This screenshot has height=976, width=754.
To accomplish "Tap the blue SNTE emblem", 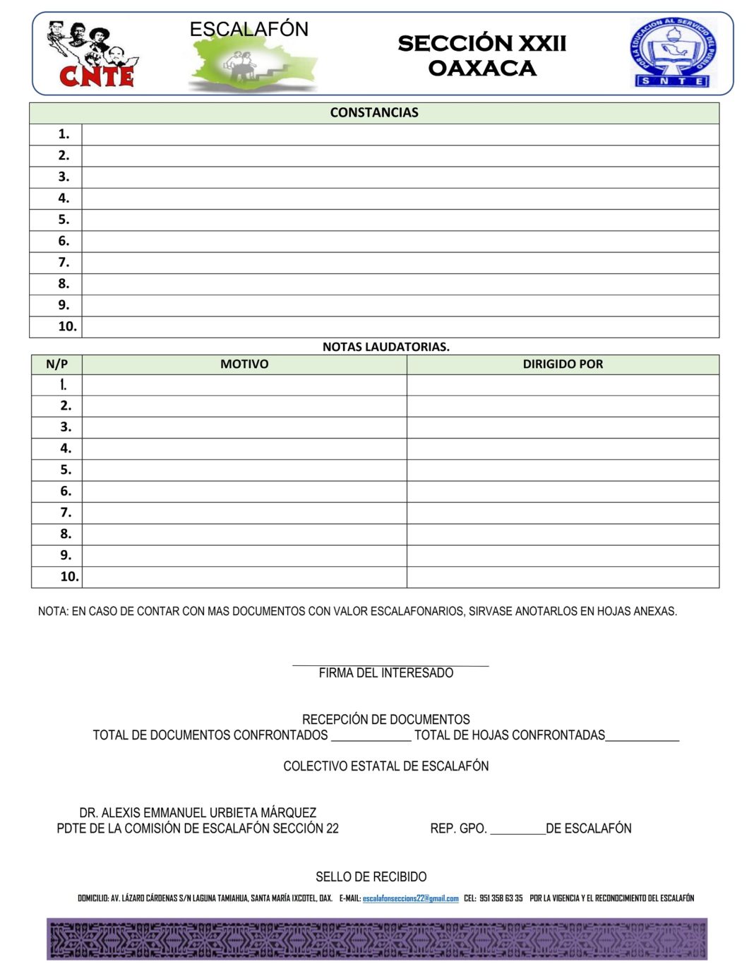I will pyautogui.click(x=673, y=53).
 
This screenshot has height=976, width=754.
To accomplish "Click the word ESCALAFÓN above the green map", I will pyautogui.click(x=249, y=30).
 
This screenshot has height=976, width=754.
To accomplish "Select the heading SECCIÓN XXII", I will pyautogui.click(x=481, y=44).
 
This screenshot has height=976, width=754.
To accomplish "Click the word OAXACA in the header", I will pyautogui.click(x=481, y=69).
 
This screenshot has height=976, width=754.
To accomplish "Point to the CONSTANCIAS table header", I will pyautogui.click(x=374, y=113).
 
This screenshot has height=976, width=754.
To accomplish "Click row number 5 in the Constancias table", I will pyautogui.click(x=64, y=220).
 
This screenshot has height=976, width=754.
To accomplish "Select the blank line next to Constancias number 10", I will pyautogui.click(x=400, y=327).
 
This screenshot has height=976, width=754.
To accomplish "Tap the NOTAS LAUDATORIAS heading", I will pyautogui.click(x=385, y=347).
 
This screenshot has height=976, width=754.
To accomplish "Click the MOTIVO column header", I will pyautogui.click(x=244, y=364).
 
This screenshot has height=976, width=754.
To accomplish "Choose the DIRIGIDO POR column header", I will pyautogui.click(x=563, y=364).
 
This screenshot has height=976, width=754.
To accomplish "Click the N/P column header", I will pyautogui.click(x=57, y=364).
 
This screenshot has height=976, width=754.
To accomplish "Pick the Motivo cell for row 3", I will pyautogui.click(x=244, y=427).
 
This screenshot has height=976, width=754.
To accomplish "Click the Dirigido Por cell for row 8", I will pyautogui.click(x=563, y=534).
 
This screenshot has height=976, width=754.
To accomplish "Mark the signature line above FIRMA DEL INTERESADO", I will pyautogui.click(x=390, y=665).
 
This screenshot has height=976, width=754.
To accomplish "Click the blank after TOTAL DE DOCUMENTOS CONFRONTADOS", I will pyautogui.click(x=371, y=737).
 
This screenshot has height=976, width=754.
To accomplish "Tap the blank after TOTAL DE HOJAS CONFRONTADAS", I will pyautogui.click(x=642, y=737).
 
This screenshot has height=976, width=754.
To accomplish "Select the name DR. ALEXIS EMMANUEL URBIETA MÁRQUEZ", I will pyautogui.click(x=198, y=813).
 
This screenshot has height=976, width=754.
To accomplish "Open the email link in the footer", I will pyautogui.click(x=410, y=898).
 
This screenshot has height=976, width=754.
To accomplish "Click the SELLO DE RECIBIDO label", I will pyautogui.click(x=371, y=877).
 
